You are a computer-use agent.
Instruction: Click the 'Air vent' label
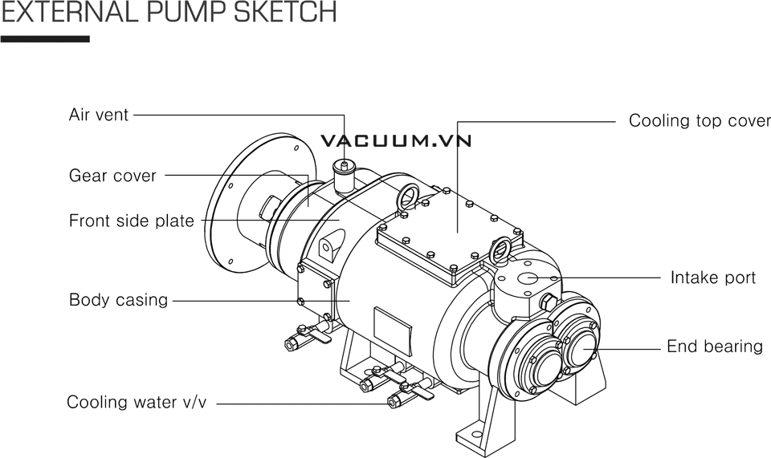[98, 115]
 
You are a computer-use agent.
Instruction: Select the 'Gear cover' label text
[112, 175]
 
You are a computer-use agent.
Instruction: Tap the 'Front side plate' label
[132, 221]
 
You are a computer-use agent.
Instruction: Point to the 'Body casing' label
[118, 300]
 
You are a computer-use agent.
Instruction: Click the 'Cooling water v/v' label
[137, 402]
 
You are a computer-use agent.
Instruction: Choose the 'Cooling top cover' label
[699, 121]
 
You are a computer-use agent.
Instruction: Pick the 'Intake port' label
[712, 278]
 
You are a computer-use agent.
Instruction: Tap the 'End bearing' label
[714, 347]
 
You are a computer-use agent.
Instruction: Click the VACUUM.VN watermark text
[395, 141]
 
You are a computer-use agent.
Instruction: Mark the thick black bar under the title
[45, 39]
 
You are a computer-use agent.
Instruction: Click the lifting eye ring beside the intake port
[499, 249]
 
